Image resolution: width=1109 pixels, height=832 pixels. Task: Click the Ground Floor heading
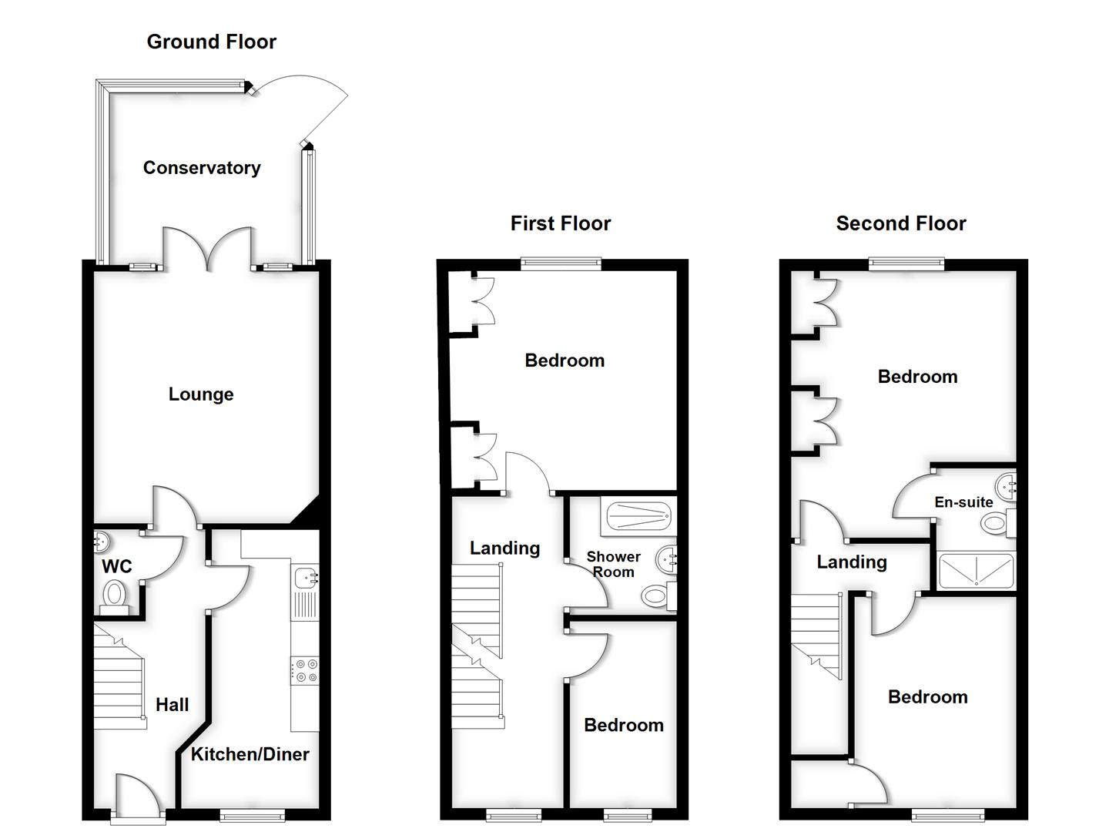pyautogui.click(x=211, y=42)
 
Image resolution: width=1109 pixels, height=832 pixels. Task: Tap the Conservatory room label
pyautogui.click(x=202, y=168)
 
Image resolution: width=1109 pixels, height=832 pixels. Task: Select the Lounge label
pyautogui.click(x=201, y=394)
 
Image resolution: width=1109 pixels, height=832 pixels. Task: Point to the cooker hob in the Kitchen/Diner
pyautogui.click(x=305, y=670)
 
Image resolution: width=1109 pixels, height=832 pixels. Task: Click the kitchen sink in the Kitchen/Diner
pyautogui.click(x=306, y=577)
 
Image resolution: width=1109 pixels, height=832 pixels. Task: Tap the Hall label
pyautogui.click(x=172, y=705)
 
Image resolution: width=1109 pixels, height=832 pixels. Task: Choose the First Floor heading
pyautogui.click(x=560, y=223)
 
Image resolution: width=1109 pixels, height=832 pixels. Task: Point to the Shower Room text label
pyautogui.click(x=613, y=565)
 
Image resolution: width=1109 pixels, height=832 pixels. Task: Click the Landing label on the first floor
pyautogui.click(x=504, y=549)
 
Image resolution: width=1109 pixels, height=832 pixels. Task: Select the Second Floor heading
pyautogui.click(x=900, y=223)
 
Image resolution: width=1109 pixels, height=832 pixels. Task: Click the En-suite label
pyautogui.click(x=963, y=502)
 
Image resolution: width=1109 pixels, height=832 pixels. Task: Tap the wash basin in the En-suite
pyautogui.click(x=1007, y=487)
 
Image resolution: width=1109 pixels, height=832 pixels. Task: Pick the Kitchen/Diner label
pyautogui.click(x=250, y=755)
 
